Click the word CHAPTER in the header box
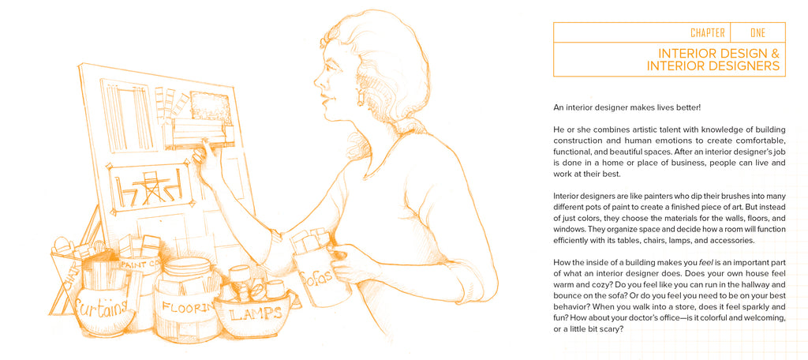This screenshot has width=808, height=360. point(708,33)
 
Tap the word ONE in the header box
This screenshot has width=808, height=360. point(757,33)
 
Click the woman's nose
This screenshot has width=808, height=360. point(317,81)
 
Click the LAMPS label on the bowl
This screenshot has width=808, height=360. point(256,313)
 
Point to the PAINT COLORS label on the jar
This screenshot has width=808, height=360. point(141,265)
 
